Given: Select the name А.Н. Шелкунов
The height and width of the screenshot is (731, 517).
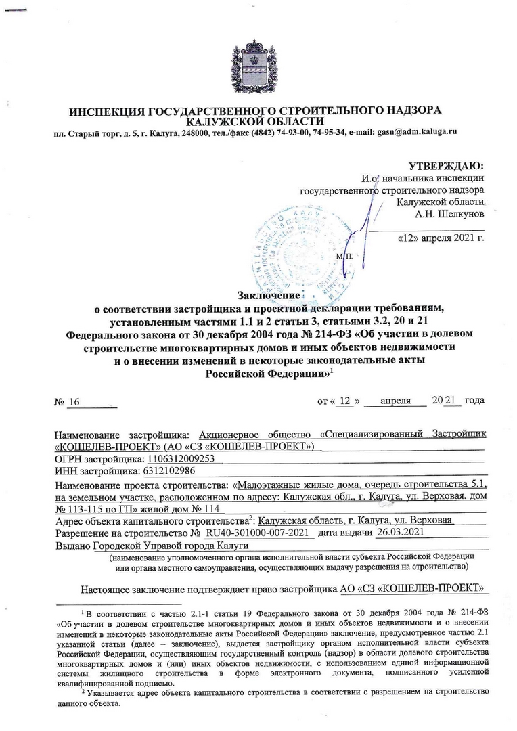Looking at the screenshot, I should coord(449,214).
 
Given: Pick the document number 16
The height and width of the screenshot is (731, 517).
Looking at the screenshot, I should coord(74,402).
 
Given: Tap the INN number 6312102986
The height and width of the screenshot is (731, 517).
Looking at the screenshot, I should coord(166,470).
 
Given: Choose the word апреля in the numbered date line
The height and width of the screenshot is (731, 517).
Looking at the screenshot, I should coord(396,401).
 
